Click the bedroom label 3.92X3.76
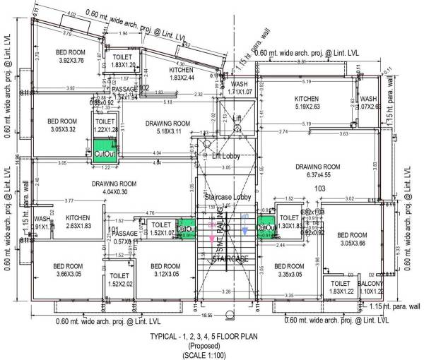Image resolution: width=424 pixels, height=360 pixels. point(71,56)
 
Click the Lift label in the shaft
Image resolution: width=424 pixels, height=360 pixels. point(237,119)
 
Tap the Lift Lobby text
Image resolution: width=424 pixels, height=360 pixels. point(227,156)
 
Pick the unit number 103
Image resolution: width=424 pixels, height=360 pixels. point(319,188)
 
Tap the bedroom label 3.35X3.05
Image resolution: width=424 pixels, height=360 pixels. point(290,270)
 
